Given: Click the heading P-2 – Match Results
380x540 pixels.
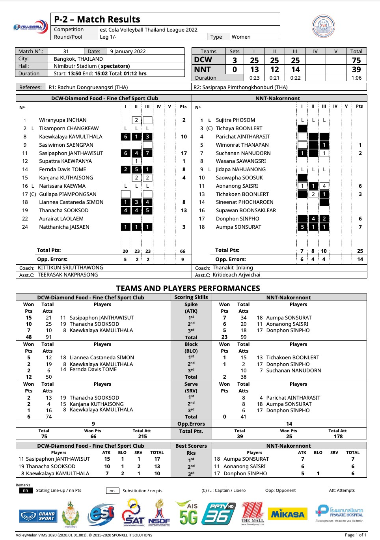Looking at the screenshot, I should (x=97, y=19).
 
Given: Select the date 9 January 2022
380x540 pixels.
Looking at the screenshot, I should (x=128, y=51).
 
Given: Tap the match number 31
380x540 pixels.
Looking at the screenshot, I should (x=66, y=51).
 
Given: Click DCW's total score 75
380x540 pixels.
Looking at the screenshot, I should (x=356, y=60).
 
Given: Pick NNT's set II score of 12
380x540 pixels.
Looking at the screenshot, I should (x=274, y=69).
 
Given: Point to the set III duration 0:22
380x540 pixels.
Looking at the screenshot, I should (x=295, y=78).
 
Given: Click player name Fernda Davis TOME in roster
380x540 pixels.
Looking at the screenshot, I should (x=62, y=169).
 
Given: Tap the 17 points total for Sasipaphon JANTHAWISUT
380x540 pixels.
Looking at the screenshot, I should (x=184, y=153).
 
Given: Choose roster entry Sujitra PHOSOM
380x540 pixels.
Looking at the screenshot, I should (x=235, y=120).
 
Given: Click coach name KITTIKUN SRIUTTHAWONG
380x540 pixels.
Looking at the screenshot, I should (x=70, y=267).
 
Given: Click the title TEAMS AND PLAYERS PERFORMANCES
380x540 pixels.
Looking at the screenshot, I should (x=188, y=288).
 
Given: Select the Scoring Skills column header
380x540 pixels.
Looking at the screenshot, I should (x=191, y=297).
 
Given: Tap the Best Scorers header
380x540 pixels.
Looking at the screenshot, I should (x=191, y=446).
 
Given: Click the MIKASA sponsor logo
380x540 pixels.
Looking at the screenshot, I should (x=288, y=514).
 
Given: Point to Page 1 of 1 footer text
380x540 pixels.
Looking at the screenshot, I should (x=355, y=535).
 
